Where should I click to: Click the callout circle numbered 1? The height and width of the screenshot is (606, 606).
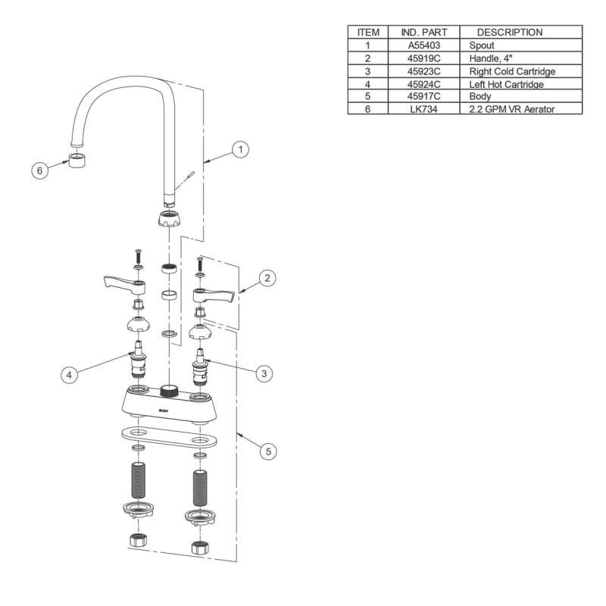[240, 150]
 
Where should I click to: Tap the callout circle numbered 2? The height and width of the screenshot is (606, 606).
[267, 279]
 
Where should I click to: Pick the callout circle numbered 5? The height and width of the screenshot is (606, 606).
[267, 451]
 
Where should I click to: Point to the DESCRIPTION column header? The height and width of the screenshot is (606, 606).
[510, 33]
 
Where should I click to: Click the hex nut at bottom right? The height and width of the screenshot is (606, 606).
[201, 548]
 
